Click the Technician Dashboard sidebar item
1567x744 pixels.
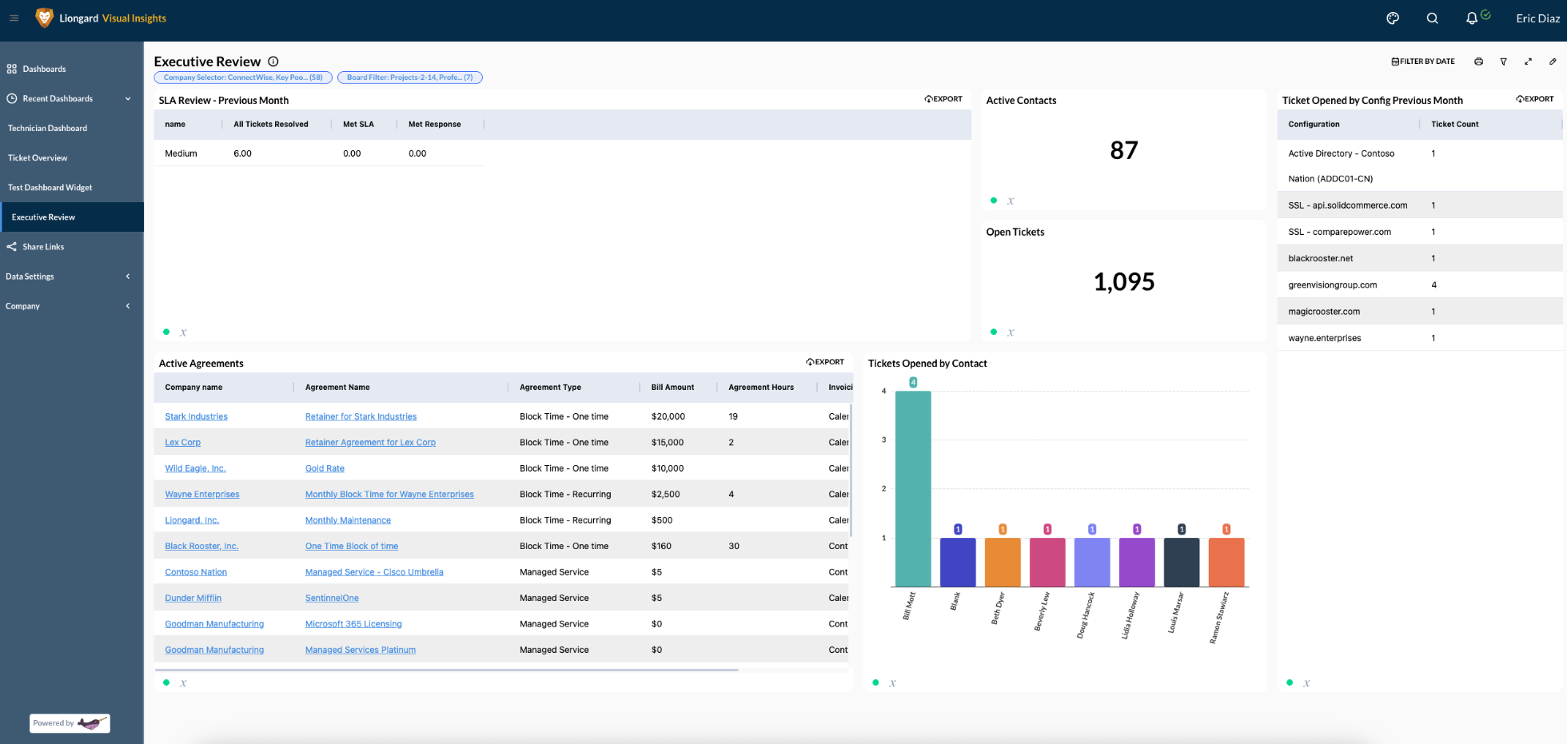coord(47,128)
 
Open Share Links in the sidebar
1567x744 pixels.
coord(43,247)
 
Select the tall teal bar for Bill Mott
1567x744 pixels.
coord(912,488)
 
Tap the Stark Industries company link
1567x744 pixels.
coord(196,416)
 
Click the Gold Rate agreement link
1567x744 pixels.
coord(325,468)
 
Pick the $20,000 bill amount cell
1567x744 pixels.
coord(668,416)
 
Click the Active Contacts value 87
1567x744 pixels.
coord(1123,150)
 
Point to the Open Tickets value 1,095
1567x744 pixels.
coord(1123,282)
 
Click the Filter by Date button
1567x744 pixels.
coord(1423,62)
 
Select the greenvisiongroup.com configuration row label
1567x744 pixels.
coord(1332,285)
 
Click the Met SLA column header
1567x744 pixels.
coord(358,125)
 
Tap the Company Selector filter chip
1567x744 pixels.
coord(243,78)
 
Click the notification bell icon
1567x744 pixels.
coord(1471,18)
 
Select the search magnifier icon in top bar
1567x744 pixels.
coord(1432,18)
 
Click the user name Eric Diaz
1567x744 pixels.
coord(1537,18)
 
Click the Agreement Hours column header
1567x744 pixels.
coord(760,388)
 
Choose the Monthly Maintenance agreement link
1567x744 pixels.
coord(348,520)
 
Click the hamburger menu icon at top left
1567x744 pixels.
coord(14,18)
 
